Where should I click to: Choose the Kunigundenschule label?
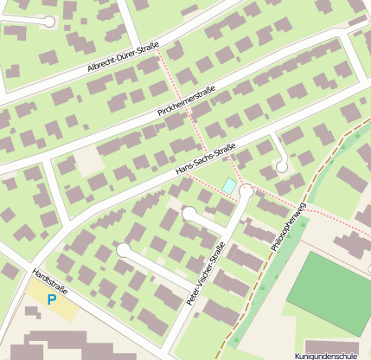[326, 356]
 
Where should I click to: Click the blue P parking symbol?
[51, 299]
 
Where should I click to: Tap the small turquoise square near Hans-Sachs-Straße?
[228, 185]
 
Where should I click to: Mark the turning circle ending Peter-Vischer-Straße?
[247, 190]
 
